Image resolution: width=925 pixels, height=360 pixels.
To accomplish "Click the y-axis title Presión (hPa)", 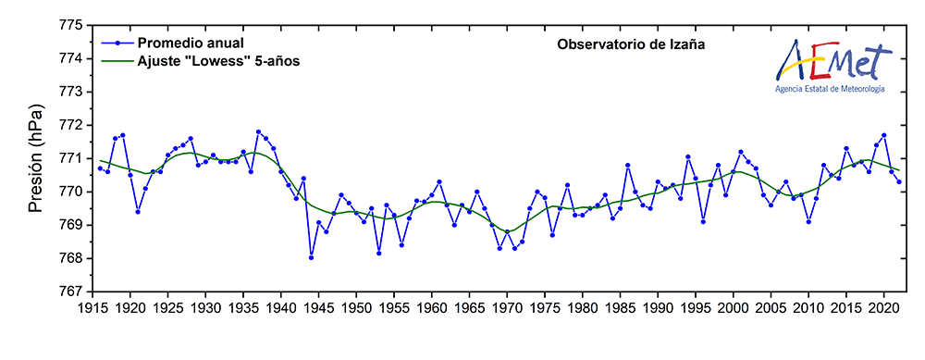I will coord(35,158).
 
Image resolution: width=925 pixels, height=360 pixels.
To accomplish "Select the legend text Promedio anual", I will coord(191,43).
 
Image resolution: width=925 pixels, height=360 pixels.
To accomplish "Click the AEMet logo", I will coord(832,61).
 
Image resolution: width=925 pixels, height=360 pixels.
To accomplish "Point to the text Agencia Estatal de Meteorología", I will coord(831,89).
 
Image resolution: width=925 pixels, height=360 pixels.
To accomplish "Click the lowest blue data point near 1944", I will coord(311,257).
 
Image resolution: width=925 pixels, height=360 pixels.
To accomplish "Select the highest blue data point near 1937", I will coord(258,131).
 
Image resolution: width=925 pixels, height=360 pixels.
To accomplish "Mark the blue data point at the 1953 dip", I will coord(379,253).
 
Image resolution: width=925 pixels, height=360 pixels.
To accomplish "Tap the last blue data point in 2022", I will coord(899,181).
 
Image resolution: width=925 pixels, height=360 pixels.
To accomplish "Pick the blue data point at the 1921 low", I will coord(138,211).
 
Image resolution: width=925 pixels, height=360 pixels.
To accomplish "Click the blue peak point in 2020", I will coord(884,135).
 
